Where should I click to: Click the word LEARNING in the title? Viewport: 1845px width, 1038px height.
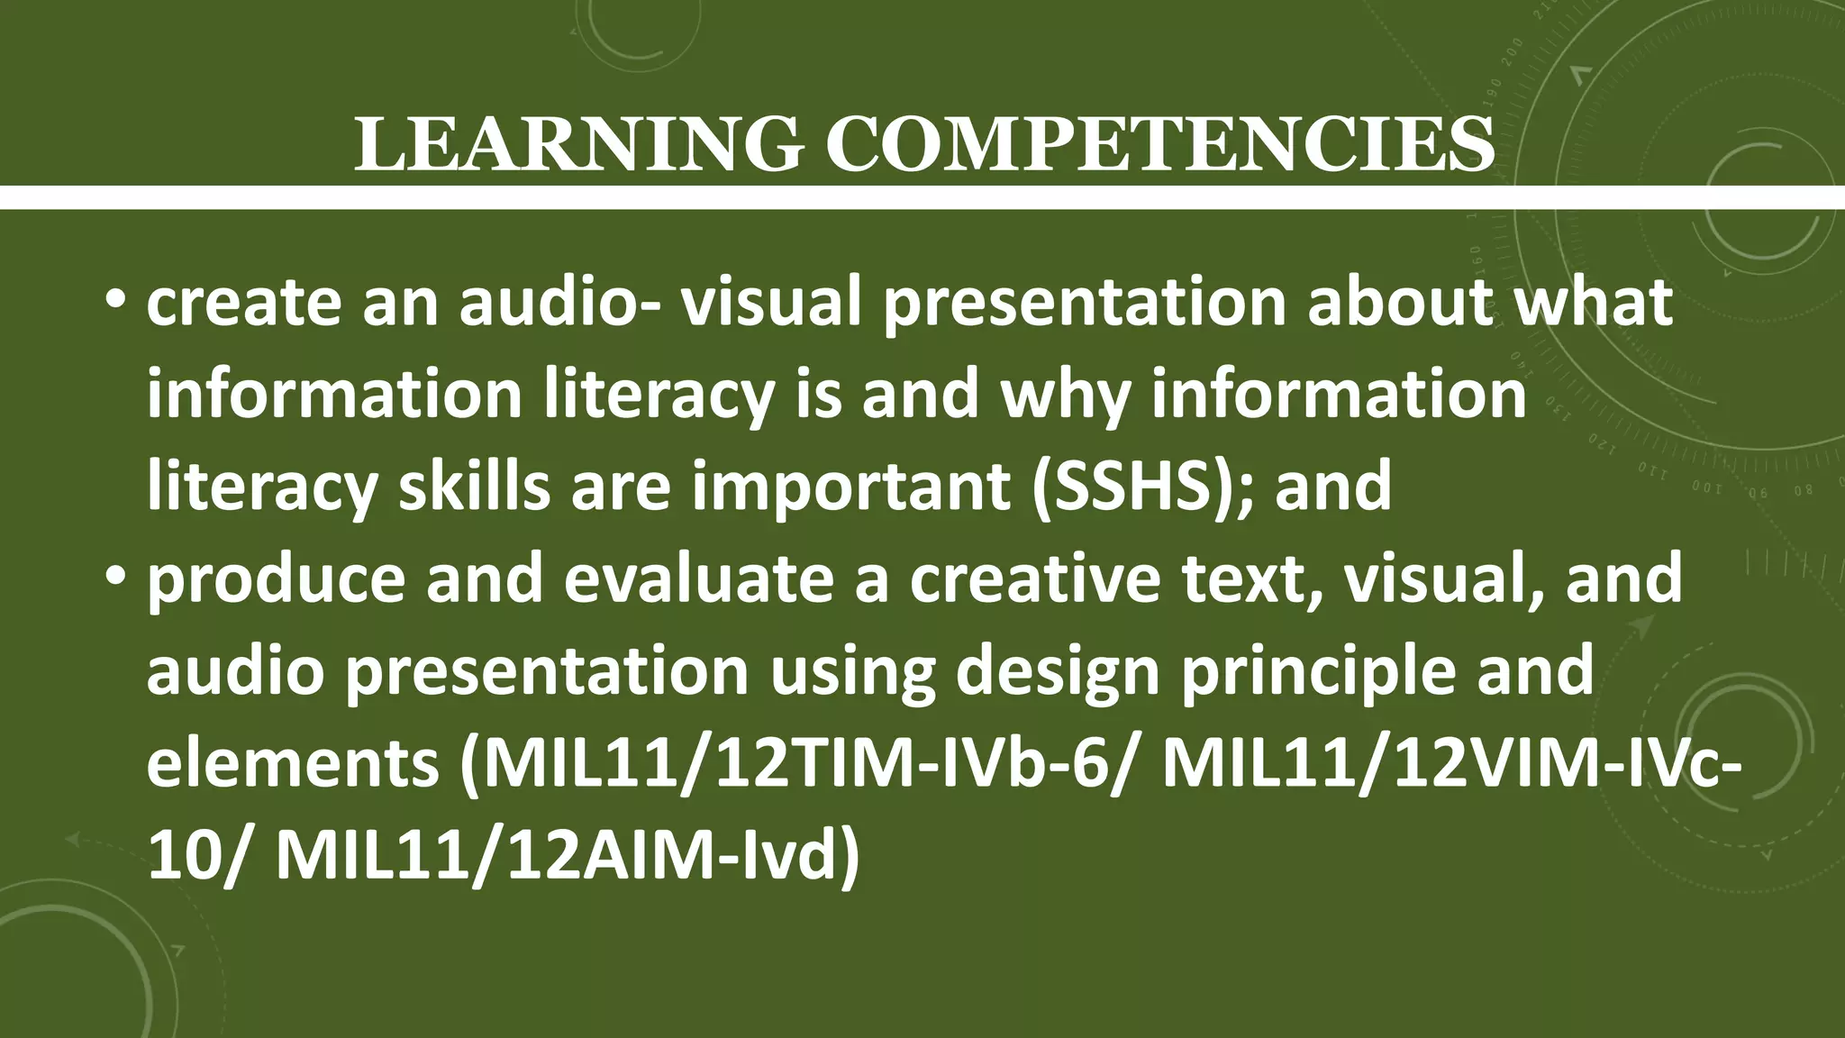pyautogui.click(x=577, y=144)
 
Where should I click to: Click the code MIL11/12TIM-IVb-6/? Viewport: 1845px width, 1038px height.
pyautogui.click(x=794, y=764)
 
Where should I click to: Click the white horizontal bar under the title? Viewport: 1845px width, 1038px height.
pyautogui.click(x=922, y=197)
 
